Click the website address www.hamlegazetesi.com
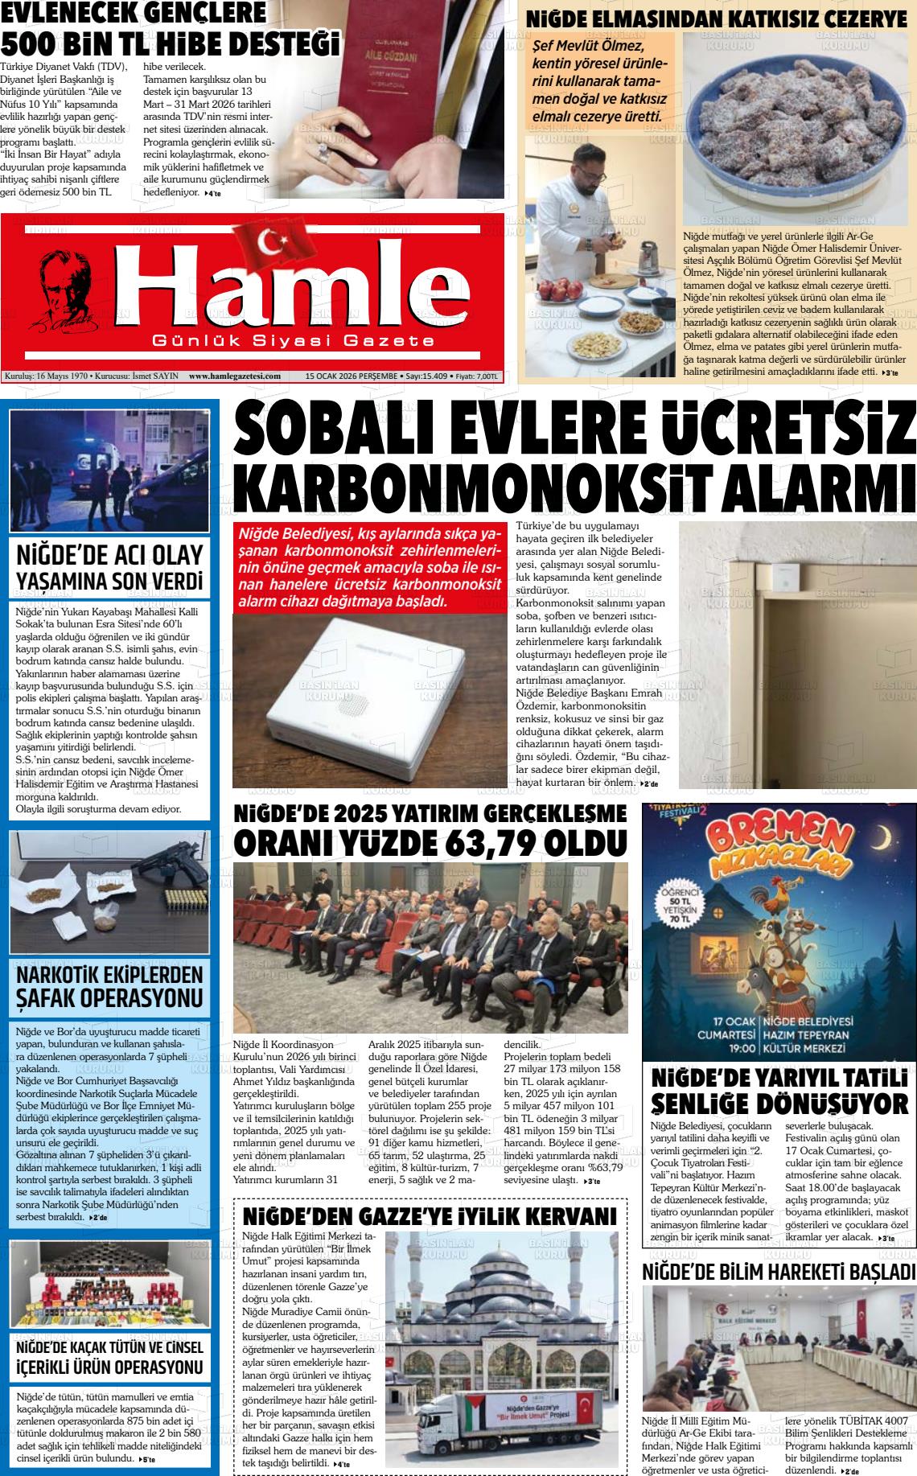(235, 376)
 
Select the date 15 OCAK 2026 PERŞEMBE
(352, 376)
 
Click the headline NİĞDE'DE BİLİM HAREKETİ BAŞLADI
(779, 1272)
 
